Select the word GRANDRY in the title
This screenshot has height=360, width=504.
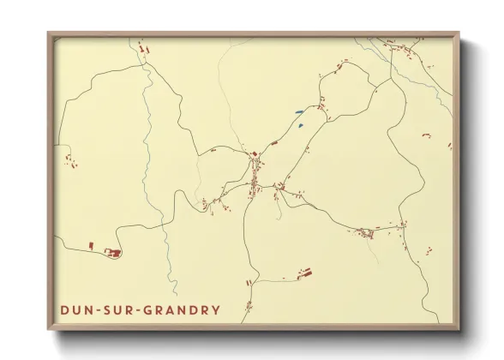click(183, 309)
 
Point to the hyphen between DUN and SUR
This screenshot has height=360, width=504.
click(99, 309)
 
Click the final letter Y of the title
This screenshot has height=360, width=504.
click(216, 309)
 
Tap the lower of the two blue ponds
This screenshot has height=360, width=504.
click(302, 125)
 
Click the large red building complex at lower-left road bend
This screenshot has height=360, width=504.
click(111, 251)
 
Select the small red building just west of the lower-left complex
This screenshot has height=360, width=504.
click(91, 246)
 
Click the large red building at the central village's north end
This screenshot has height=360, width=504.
click(254, 155)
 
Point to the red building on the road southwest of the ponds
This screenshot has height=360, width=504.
click(274, 142)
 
